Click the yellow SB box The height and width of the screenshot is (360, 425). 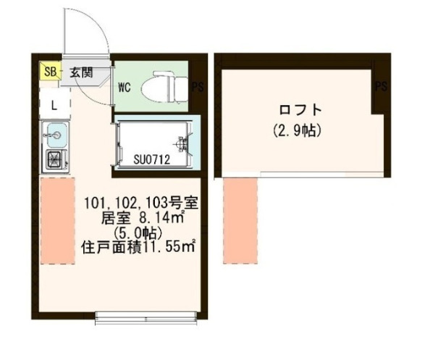(x=49, y=71)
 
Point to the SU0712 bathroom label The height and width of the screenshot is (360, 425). (x=151, y=159)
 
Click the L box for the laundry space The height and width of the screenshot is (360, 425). (x=54, y=104)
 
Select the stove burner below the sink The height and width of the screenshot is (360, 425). (x=56, y=160)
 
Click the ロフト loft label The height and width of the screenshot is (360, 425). (x=297, y=110)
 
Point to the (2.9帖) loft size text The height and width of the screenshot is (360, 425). (x=297, y=131)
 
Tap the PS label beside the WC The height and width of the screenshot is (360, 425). (x=197, y=87)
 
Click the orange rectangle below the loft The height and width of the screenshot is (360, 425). (x=240, y=221)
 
